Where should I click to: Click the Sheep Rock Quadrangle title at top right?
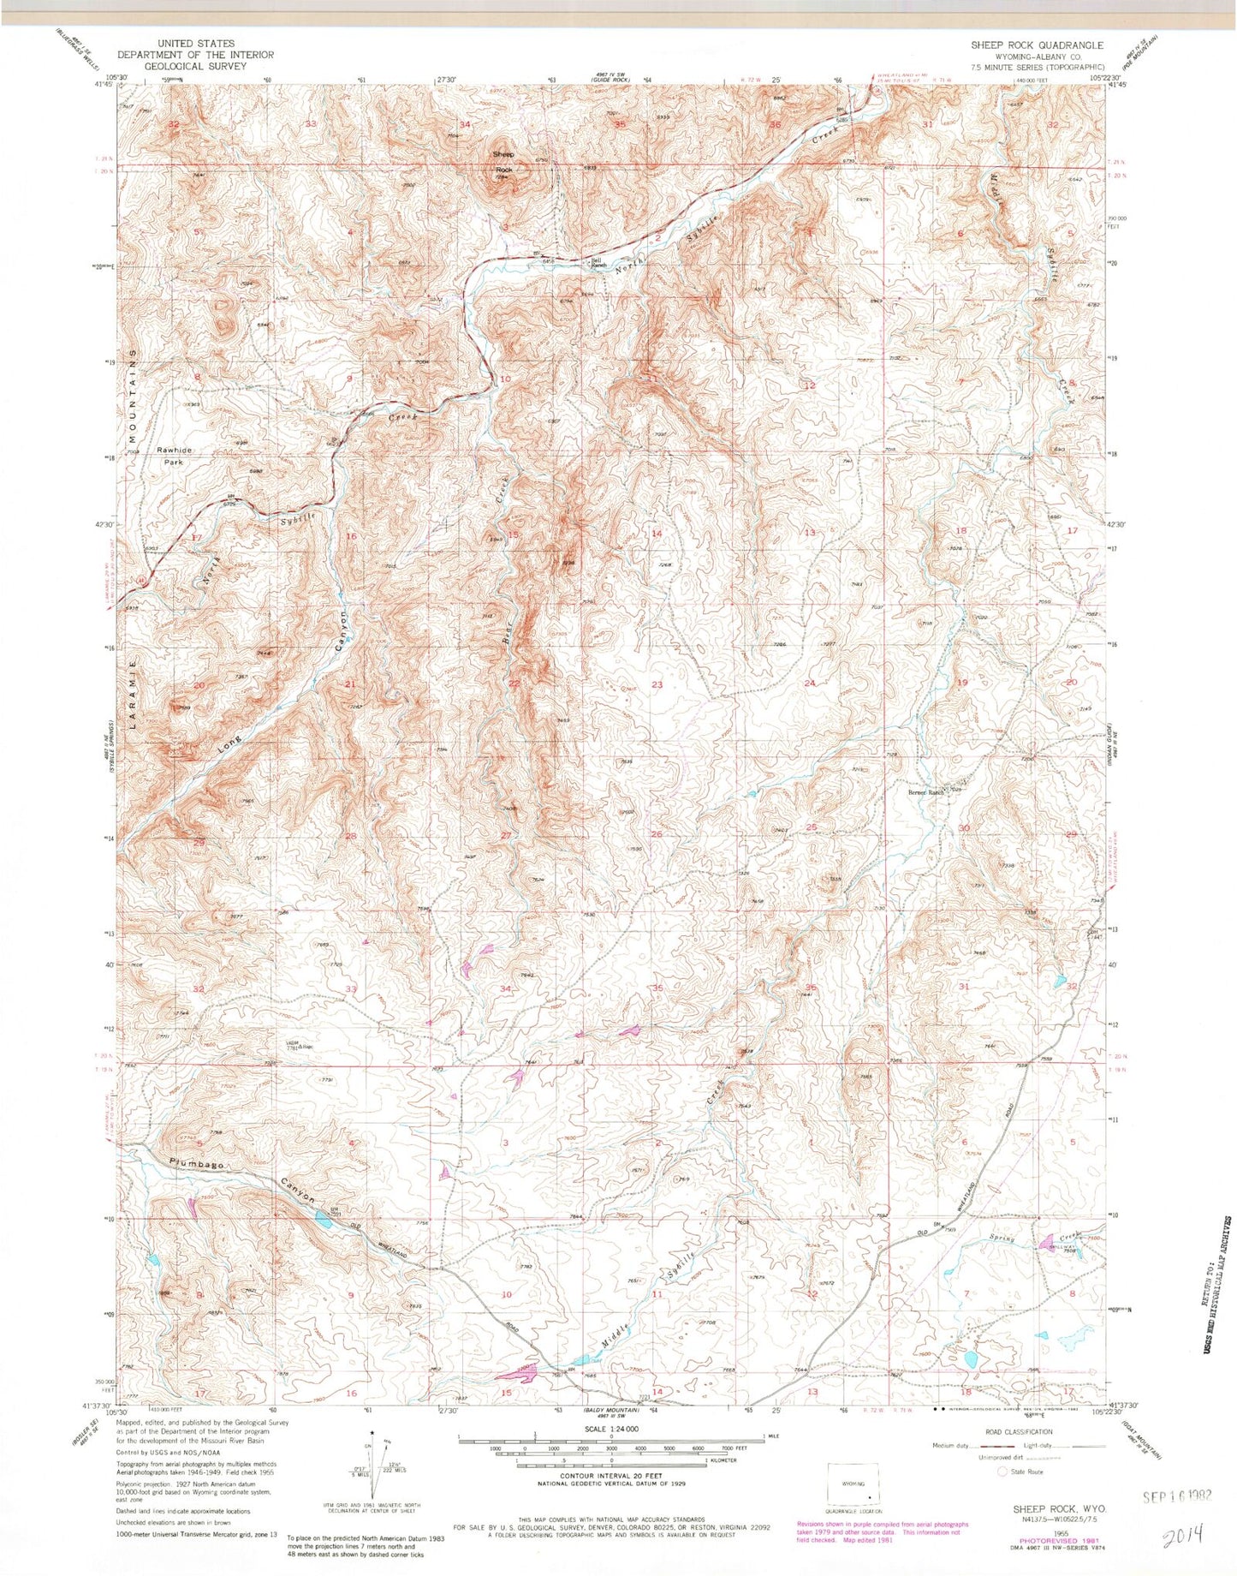[1036, 45]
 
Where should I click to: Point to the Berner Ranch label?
[925, 792]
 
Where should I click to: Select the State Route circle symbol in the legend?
[1003, 1472]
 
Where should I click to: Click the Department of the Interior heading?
[196, 55]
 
